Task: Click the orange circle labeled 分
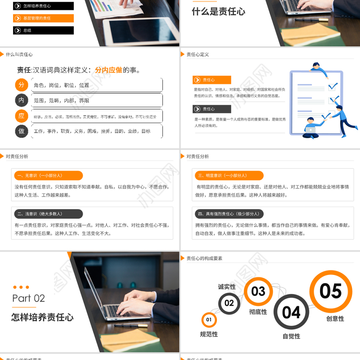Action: click(x=21, y=85)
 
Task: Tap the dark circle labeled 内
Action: click(x=21, y=100)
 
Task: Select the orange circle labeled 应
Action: click(x=21, y=116)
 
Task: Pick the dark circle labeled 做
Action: click(x=21, y=131)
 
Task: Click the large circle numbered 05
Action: click(x=331, y=291)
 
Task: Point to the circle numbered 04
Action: click(x=291, y=312)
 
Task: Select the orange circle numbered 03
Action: click(x=258, y=292)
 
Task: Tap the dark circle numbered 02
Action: click(x=229, y=303)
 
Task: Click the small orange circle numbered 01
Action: click(x=209, y=320)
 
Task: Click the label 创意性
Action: click(x=335, y=319)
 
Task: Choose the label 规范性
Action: click(x=209, y=334)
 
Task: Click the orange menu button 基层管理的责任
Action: click(x=43, y=18)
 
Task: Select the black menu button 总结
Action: click(x=43, y=31)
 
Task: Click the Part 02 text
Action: click(x=29, y=298)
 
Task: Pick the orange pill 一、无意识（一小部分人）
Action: click(x=47, y=175)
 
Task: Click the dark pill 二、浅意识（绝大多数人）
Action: click(x=47, y=214)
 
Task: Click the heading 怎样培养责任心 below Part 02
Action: click(x=42, y=317)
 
